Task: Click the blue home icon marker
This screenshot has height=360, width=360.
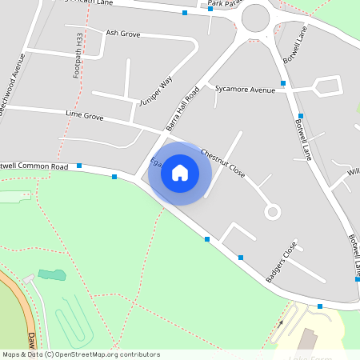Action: [180, 173]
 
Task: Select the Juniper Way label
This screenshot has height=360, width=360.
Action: [155, 92]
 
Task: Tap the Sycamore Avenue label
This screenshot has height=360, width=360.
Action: [245, 90]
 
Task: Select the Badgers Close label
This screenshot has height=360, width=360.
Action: [281, 261]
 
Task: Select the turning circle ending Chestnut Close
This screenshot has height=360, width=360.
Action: [273, 212]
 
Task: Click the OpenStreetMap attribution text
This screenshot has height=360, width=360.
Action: [80, 354]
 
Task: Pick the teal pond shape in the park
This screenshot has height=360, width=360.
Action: [52, 275]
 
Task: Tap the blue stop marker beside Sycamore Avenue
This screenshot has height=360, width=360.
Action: [282, 83]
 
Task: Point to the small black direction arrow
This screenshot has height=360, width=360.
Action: [281, 325]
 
